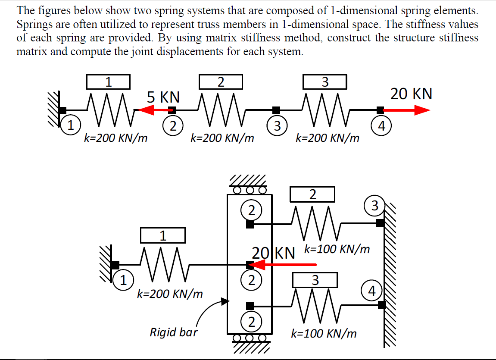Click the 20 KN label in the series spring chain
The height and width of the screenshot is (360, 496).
pos(411,94)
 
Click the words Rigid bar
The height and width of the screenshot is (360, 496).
pos(173,332)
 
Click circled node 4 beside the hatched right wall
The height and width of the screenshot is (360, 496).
pos(374,291)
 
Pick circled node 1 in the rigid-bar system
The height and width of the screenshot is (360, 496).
pos(123,280)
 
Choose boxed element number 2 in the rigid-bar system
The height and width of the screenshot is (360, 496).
pos(312,194)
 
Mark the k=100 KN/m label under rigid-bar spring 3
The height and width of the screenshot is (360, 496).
pos(324,334)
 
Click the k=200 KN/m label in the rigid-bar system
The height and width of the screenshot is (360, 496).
pos(169,294)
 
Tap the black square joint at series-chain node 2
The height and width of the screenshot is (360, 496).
pos(172,110)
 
